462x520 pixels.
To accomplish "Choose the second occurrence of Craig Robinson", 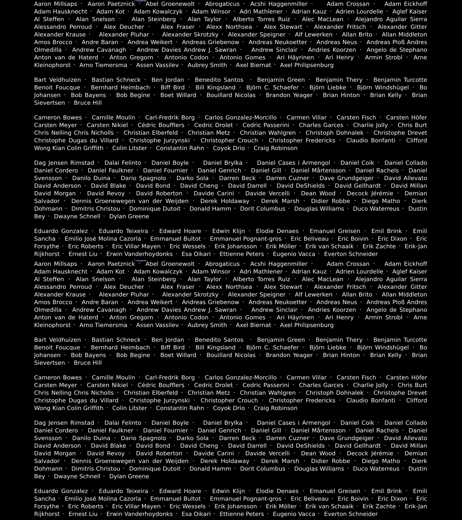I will pyautogui.click(x=275, y=408).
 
